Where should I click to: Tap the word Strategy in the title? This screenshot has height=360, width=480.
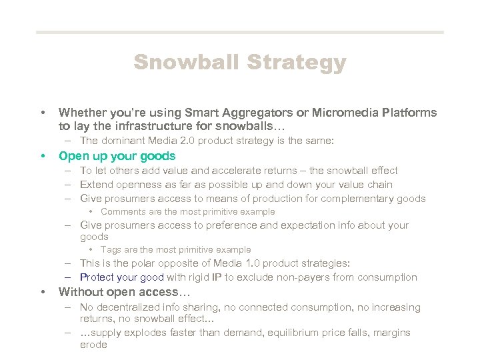297,63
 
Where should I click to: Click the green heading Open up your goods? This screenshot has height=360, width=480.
117,156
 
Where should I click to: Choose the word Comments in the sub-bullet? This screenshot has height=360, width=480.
122,212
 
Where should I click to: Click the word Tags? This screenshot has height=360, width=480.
111,250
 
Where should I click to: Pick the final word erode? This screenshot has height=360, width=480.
93,345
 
